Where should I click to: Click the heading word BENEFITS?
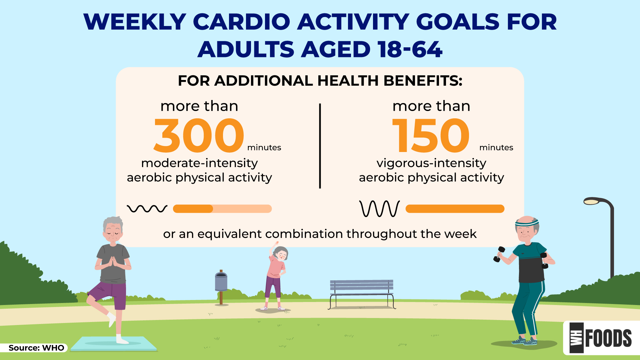(x=423, y=81)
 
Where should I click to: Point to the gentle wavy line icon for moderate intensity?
(x=147, y=209)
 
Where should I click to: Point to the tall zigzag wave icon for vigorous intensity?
(x=380, y=209)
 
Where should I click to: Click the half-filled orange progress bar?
(x=222, y=209)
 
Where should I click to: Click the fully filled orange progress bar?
(x=455, y=209)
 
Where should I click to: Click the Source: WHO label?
(x=36, y=348)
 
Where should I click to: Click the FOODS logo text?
(x=608, y=338)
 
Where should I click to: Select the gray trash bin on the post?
(x=221, y=282)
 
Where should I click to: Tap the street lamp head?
(x=592, y=201)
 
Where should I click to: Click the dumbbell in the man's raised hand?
(x=499, y=254)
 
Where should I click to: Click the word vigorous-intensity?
(x=431, y=163)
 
